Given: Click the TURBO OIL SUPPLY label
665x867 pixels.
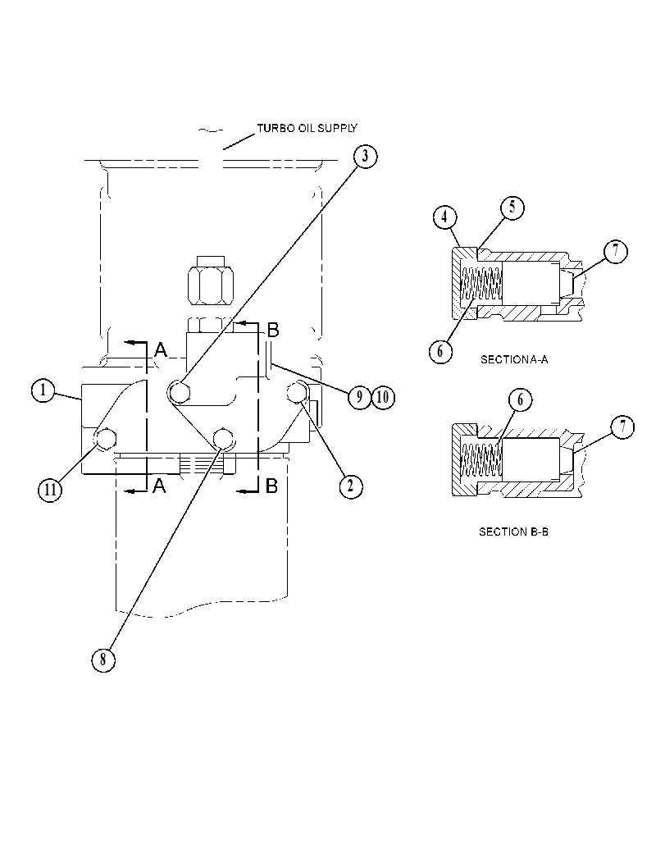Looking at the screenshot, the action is (307, 128).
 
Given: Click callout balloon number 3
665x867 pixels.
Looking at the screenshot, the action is (365, 157).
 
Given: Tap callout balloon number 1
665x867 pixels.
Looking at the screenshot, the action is (43, 390).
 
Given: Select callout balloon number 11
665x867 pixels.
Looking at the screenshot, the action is (50, 490).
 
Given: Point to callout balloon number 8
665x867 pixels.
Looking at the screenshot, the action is (102, 659).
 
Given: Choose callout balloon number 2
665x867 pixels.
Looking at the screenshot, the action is (351, 486).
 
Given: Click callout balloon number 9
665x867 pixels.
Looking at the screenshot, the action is (359, 397).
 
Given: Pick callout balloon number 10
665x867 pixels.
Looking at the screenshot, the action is (383, 397).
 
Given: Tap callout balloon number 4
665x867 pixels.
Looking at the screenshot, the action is (444, 217).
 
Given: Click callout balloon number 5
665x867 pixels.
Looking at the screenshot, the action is (512, 207).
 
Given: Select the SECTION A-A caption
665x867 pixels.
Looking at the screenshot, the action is (514, 360).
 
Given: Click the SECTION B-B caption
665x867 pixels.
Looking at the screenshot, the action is (513, 532).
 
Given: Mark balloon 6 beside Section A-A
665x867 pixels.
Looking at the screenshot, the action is (440, 351).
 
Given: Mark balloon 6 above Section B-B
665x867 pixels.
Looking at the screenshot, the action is (520, 399).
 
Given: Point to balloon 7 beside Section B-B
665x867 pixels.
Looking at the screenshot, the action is (622, 427).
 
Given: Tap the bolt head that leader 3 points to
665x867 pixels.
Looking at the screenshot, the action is (180, 393).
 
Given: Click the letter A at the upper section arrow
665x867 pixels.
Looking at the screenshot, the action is (160, 349).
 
